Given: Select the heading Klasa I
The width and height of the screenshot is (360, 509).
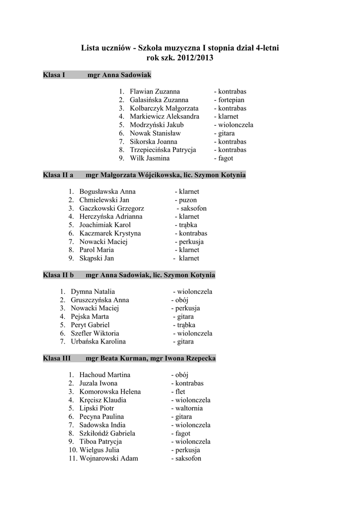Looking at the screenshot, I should click(x=54, y=75).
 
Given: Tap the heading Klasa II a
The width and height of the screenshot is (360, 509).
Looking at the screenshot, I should click(x=58, y=175).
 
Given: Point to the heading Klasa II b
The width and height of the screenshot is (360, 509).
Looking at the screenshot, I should click(x=58, y=275).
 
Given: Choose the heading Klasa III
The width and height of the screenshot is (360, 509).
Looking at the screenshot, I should click(x=57, y=358).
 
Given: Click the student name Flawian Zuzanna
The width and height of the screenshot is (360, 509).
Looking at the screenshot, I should click(x=155, y=91).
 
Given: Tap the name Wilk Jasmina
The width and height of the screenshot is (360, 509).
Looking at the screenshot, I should click(x=150, y=158).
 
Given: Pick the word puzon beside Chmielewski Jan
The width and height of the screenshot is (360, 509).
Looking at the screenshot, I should click(x=188, y=200).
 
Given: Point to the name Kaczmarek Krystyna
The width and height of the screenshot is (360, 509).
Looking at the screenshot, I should click(x=110, y=233).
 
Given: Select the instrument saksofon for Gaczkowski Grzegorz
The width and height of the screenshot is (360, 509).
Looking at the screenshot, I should click(x=193, y=208).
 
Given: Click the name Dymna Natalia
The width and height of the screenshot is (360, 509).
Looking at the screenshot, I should click(x=93, y=292).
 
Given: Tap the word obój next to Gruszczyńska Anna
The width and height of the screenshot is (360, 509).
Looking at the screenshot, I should click(x=181, y=300).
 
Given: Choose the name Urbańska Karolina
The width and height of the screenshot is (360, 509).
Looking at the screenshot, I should click(x=98, y=341).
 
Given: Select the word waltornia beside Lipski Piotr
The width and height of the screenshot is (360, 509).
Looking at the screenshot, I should click(x=190, y=408).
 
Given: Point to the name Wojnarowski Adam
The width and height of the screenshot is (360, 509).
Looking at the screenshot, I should click(x=108, y=458).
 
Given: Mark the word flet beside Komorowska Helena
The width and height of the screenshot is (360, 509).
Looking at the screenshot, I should click(x=180, y=392).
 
